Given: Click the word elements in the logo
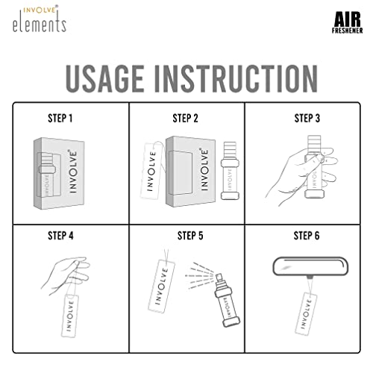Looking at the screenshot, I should click(39, 25).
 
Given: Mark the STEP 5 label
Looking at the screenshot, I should click(191, 236).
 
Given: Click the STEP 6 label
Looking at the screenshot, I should click(307, 236).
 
